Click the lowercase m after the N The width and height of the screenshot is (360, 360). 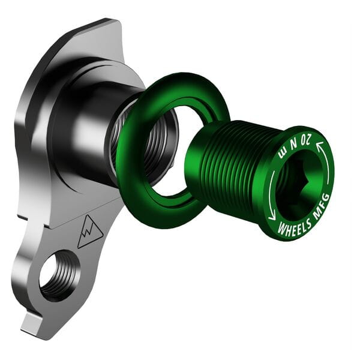(x=283, y=155)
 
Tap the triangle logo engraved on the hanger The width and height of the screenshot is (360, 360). (x=89, y=230)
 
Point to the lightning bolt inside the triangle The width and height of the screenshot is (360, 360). (x=90, y=232)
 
